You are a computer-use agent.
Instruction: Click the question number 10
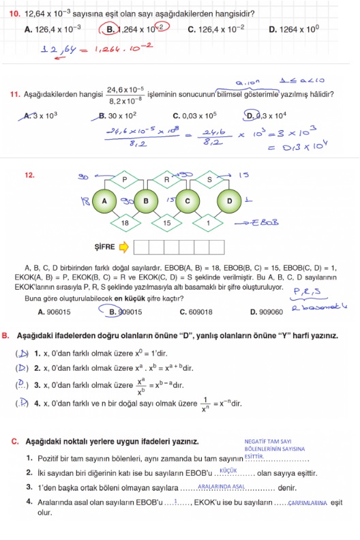click(14, 13)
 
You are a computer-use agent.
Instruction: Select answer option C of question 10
click(217, 29)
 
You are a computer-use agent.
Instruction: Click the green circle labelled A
click(105, 201)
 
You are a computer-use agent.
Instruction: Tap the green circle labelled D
click(229, 201)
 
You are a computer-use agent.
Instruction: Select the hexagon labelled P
click(125, 180)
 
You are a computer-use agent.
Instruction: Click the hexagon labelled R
click(166, 180)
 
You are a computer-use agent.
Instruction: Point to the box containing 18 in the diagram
click(125, 222)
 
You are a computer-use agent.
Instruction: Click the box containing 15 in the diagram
click(166, 222)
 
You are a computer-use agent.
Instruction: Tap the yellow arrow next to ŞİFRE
click(124, 245)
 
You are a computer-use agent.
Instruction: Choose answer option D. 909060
click(266, 312)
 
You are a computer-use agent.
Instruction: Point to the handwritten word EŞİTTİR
click(254, 456)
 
